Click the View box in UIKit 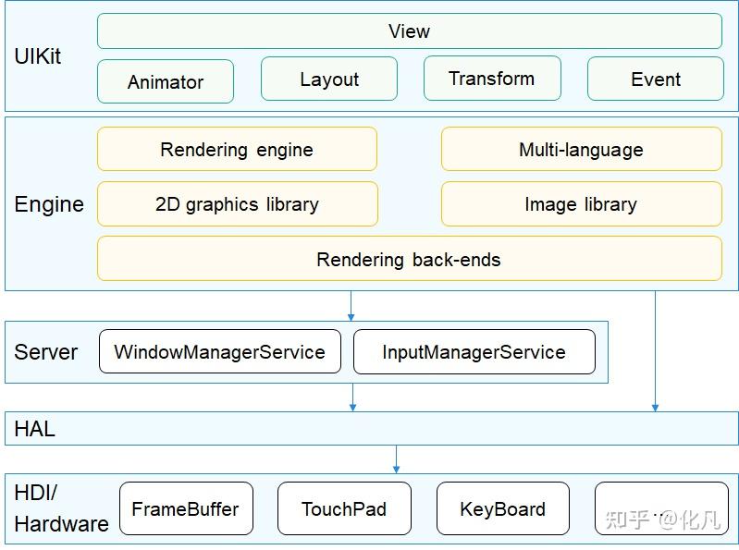tap(409, 31)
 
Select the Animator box tap(166, 81)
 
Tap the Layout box tap(328, 79)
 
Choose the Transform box tap(492, 78)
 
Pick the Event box tap(655, 79)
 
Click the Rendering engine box tap(237, 149)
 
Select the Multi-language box tap(581, 149)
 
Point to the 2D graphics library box tap(237, 204)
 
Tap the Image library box tap(581, 204)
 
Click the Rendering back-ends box tap(409, 259)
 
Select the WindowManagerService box tap(219, 352)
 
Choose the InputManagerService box tap(474, 352)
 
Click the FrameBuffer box tap(186, 508)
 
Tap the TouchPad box tap(344, 508)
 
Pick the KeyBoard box tap(502, 508)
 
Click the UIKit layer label tap(38, 56)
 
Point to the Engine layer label tap(49, 204)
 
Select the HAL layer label tap(34, 429)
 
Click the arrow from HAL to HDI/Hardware tap(396, 458)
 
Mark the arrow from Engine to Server tap(351, 306)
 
